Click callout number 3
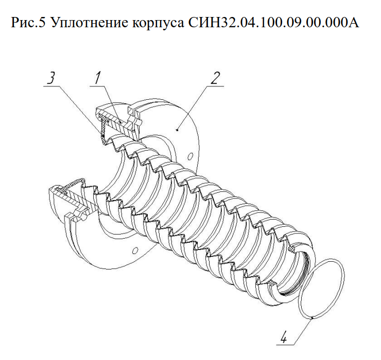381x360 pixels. (x=51, y=79)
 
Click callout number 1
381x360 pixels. (x=98, y=78)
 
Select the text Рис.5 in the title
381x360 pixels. (x=28, y=22)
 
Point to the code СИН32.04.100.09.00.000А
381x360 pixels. (x=273, y=22)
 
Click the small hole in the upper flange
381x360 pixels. (x=191, y=156)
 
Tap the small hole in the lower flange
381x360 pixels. (x=135, y=250)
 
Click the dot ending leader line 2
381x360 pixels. (x=178, y=130)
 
